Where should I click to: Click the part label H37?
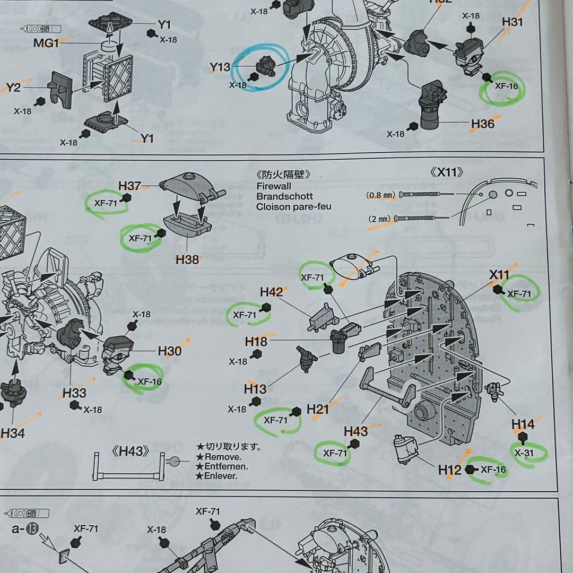(x=129, y=186)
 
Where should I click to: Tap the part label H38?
(x=187, y=259)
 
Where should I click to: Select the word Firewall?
(x=274, y=186)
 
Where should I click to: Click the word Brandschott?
(x=284, y=196)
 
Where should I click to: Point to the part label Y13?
(x=220, y=67)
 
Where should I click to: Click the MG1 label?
(x=46, y=43)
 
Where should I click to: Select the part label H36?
(x=482, y=124)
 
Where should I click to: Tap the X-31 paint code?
(x=524, y=453)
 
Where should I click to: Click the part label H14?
(x=523, y=424)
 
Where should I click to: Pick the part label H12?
(x=450, y=470)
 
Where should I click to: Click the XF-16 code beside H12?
(x=493, y=470)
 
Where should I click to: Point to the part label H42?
(x=271, y=292)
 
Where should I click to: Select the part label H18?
(x=256, y=341)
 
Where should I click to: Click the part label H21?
(x=318, y=409)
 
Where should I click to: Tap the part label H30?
(x=169, y=351)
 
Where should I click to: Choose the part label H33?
(x=74, y=393)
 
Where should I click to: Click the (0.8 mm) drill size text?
(x=380, y=195)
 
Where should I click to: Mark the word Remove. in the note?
(x=223, y=456)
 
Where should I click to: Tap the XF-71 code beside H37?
(x=105, y=202)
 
